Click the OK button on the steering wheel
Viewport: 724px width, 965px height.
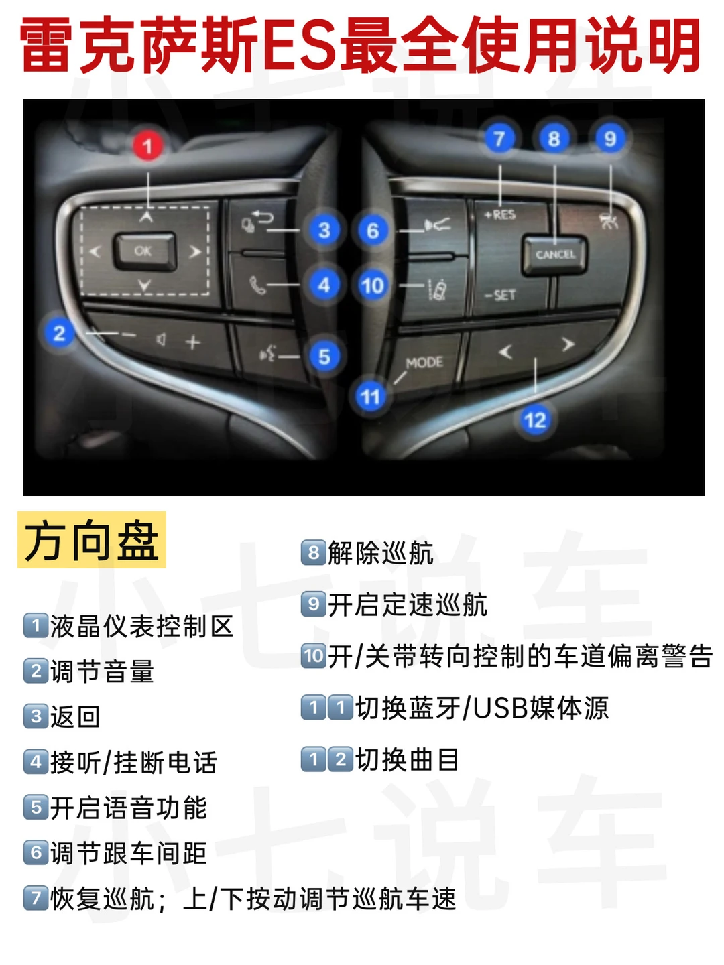click(145, 251)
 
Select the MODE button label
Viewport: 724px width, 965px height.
click(424, 363)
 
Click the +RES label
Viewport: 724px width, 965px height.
click(500, 215)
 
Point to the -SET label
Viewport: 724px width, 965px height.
click(500, 295)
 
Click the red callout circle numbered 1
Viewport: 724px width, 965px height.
click(147, 146)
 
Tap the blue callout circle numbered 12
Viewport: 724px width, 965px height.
click(534, 420)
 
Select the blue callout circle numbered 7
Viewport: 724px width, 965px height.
click(499, 139)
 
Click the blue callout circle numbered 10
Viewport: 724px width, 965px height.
click(372, 285)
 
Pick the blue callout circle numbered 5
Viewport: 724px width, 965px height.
click(324, 357)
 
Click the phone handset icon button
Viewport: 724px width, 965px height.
click(257, 285)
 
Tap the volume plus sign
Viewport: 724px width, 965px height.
click(193, 342)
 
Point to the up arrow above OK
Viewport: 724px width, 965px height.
click(146, 216)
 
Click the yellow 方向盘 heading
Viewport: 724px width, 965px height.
click(91, 539)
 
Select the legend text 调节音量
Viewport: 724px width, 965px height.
click(102, 671)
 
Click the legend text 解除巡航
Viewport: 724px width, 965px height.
click(381, 553)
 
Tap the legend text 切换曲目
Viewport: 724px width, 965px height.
click(408, 759)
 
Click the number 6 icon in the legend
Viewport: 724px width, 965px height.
click(36, 852)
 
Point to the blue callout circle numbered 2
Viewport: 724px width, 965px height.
click(60, 333)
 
